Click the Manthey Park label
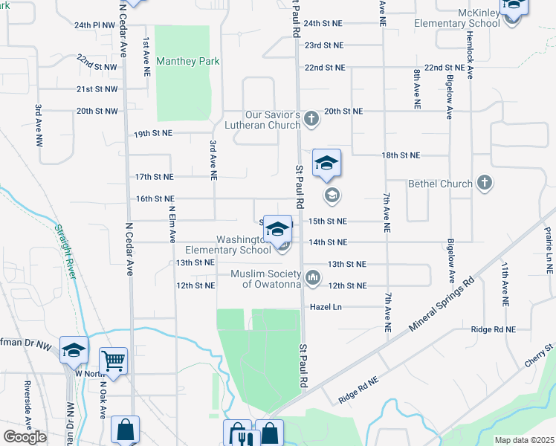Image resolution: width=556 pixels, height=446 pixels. [x=188, y=62]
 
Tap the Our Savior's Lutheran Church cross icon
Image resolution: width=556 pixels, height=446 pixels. [x=311, y=117]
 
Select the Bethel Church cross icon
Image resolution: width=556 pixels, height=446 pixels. [x=484, y=182]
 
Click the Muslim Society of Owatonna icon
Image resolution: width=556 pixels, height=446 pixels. [x=314, y=278]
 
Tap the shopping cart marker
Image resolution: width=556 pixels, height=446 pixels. [x=113, y=362]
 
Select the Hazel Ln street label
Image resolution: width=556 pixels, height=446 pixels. [x=326, y=307]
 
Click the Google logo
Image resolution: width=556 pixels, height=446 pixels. [x=25, y=436]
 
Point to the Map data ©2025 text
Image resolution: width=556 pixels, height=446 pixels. [x=525, y=440]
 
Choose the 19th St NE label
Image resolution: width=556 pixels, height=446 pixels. [x=152, y=135]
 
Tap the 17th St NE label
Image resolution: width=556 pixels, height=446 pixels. [x=154, y=177]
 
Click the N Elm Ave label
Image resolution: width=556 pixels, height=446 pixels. [x=172, y=224]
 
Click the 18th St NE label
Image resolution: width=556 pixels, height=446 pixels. [x=401, y=155]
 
